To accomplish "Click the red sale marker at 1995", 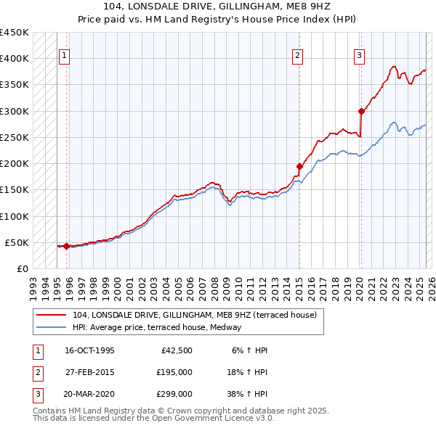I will point(66,246).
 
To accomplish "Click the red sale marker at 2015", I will point(299,166).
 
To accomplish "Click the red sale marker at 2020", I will point(361,111).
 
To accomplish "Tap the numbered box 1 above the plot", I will point(64,54).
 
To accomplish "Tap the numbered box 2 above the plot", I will point(298,54).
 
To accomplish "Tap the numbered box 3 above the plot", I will point(360,54).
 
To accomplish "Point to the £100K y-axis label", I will point(15,216).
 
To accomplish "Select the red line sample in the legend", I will point(51,316).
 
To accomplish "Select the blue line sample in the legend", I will point(51,327).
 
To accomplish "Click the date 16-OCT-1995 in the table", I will point(89,350).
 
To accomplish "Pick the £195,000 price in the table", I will point(175,372).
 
